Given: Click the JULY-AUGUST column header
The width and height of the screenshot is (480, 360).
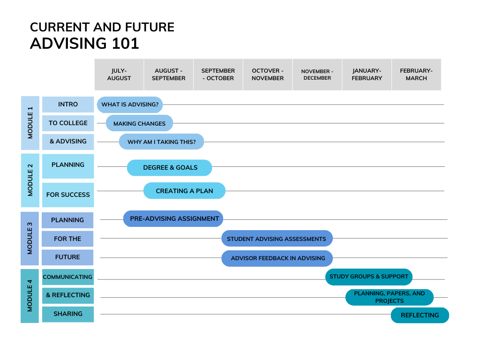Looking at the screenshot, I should pyautogui.click(x=119, y=75).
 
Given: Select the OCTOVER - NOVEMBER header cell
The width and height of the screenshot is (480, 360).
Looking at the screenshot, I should pyautogui.click(x=268, y=75).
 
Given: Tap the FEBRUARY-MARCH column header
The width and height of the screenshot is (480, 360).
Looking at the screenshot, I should pyautogui.click(x=416, y=75).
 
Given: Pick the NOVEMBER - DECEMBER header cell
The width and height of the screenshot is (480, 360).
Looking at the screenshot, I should pyautogui.click(x=317, y=75).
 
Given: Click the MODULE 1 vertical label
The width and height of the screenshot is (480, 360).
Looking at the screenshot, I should pyautogui.click(x=30, y=122).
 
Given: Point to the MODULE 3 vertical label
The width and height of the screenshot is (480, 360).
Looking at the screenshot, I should pyautogui.click(x=30, y=238).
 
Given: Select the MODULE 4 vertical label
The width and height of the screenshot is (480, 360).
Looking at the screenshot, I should pyautogui.click(x=30, y=295).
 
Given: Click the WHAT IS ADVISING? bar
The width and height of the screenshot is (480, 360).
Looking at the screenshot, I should pyautogui.click(x=130, y=105).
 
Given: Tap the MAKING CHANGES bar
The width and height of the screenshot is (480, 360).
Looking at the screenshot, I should pyautogui.click(x=139, y=123).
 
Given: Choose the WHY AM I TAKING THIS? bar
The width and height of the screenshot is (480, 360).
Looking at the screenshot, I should pyautogui.click(x=161, y=142).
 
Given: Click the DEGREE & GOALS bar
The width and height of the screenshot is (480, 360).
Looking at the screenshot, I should pyautogui.click(x=170, y=167).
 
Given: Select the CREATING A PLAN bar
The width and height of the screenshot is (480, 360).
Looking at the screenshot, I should pyautogui.click(x=184, y=191).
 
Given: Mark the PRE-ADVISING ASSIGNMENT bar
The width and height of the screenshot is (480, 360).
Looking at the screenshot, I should pyautogui.click(x=173, y=218).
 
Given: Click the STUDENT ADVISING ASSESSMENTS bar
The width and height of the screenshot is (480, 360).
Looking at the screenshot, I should pyautogui.click(x=277, y=239).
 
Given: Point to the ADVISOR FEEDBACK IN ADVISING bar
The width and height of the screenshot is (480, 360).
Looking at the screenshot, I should pyautogui.click(x=277, y=258).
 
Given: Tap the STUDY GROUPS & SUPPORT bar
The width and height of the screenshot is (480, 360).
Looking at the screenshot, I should pyautogui.click(x=369, y=277).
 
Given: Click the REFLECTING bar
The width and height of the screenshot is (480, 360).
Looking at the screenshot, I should pyautogui.click(x=420, y=315).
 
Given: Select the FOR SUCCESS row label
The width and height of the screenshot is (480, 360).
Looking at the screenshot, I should pyautogui.click(x=68, y=195).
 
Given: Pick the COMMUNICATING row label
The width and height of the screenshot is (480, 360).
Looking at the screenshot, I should pyautogui.click(x=68, y=277).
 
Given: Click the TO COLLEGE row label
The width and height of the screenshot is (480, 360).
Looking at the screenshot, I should pyautogui.click(x=68, y=123).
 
